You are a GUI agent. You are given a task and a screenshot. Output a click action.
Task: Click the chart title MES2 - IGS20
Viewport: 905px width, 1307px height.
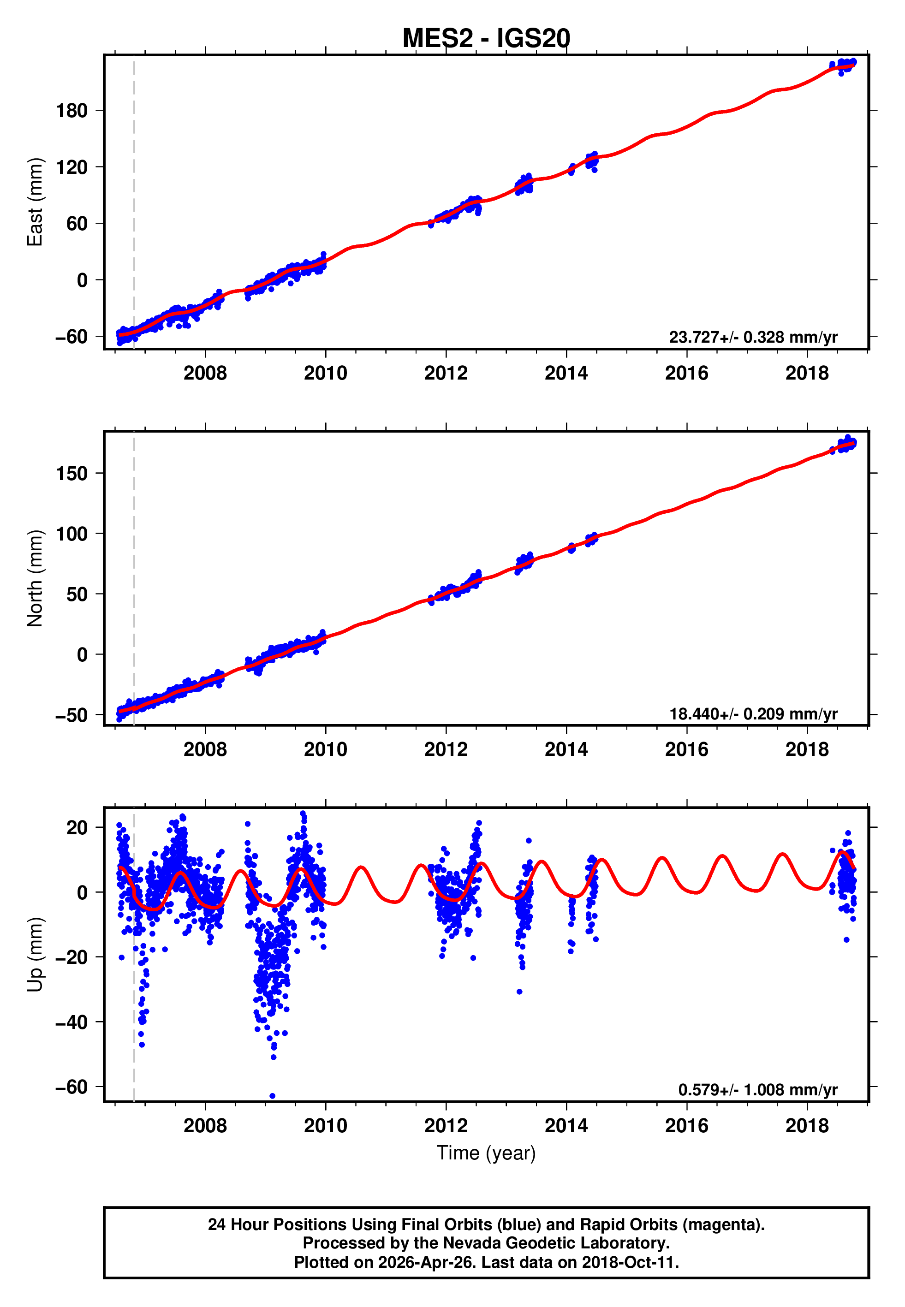tap(486, 39)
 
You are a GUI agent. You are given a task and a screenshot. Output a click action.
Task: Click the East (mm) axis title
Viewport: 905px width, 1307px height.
tap(35, 202)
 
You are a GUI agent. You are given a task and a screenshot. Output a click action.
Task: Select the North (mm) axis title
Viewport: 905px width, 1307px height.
tap(35, 578)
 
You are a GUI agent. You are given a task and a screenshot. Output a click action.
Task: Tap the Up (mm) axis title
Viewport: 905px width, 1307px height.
tap(35, 955)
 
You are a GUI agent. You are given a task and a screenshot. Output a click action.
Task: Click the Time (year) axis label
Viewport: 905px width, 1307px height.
tap(486, 1153)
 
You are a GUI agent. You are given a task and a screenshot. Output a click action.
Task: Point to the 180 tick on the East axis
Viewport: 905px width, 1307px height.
tap(71, 111)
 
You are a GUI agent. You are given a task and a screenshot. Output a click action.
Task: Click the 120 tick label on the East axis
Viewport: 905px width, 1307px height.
tap(71, 167)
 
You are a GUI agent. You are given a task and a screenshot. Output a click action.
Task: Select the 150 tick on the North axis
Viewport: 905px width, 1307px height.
tap(71, 473)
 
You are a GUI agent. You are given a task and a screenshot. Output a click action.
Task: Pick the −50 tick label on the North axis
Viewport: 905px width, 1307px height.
tap(71, 715)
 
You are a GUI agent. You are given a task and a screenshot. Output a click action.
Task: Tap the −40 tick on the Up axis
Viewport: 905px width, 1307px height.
tap(71, 1022)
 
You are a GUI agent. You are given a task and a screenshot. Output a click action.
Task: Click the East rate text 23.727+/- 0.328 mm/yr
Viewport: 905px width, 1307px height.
tap(753, 337)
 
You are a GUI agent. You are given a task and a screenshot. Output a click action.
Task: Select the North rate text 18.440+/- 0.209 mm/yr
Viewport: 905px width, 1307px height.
tap(753, 713)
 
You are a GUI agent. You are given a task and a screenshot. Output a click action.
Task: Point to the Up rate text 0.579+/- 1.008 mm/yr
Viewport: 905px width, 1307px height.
tap(757, 1090)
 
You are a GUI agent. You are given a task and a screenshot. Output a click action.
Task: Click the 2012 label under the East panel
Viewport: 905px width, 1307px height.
tap(446, 373)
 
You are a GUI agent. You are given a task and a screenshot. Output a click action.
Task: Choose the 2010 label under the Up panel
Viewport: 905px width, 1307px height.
tap(326, 1126)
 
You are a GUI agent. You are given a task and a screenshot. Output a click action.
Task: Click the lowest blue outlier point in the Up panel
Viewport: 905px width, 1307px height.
tap(272, 1096)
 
